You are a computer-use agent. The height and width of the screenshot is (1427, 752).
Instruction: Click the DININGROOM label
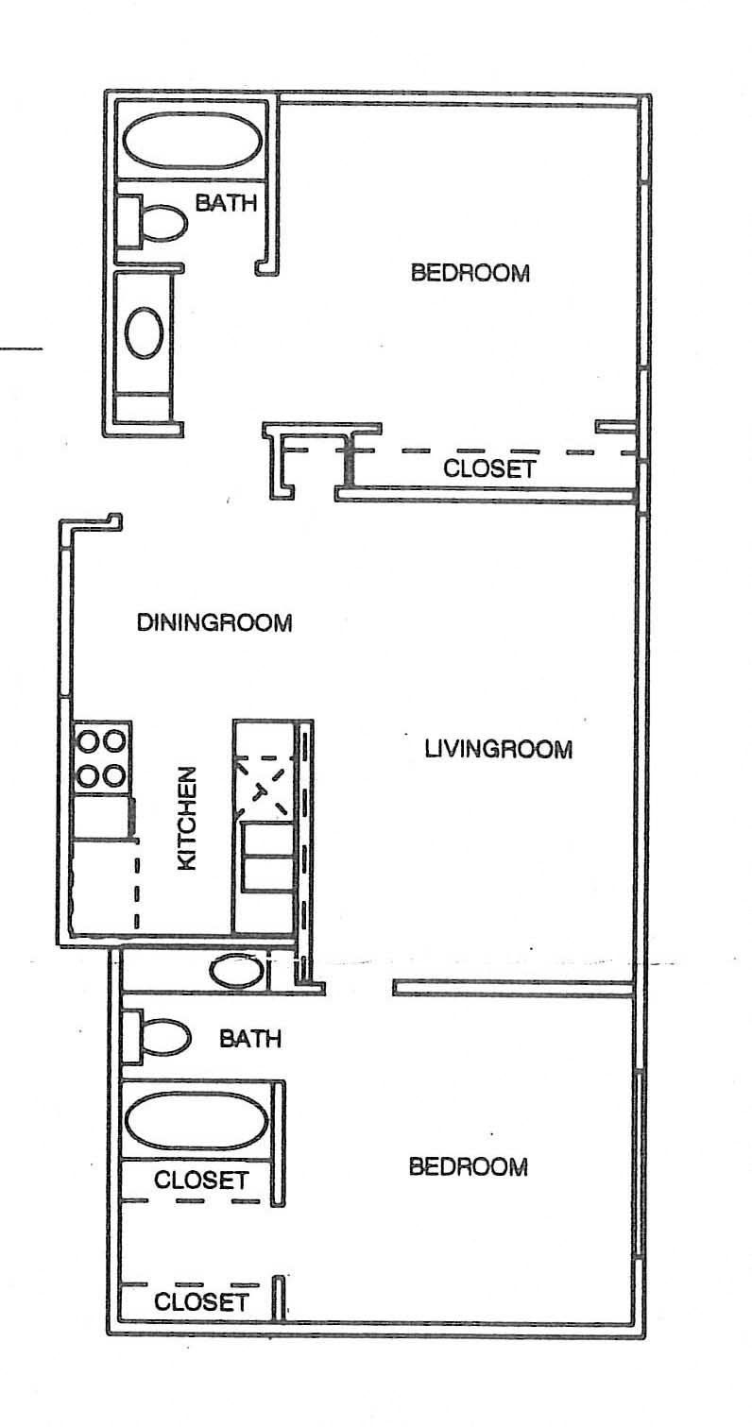[x=214, y=623]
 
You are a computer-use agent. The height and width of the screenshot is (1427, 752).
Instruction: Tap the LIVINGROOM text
[x=498, y=750]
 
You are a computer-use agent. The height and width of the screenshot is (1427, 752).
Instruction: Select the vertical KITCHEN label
[x=187, y=818]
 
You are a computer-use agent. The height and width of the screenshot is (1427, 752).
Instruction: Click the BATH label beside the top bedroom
[x=226, y=202]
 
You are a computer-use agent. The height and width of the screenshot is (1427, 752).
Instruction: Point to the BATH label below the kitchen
[x=250, y=1039]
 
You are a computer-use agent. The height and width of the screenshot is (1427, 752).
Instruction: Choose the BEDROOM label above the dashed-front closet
[x=470, y=274]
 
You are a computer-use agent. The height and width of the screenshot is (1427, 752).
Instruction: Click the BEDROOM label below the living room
[x=468, y=1167]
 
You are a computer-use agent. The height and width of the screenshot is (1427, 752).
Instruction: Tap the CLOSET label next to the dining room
[x=490, y=468]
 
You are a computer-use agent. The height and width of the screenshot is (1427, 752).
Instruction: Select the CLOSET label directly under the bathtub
[x=201, y=1181]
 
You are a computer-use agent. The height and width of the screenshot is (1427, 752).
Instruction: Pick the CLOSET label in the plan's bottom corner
[x=201, y=1302]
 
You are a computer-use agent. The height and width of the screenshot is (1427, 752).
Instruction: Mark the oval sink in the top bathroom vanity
[x=145, y=332]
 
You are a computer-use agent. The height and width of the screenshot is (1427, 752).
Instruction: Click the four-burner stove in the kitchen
[x=101, y=757]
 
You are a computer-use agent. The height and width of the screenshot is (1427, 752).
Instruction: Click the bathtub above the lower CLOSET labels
[x=197, y=1119]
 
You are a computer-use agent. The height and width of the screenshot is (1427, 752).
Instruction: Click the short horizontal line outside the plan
[x=21, y=349]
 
